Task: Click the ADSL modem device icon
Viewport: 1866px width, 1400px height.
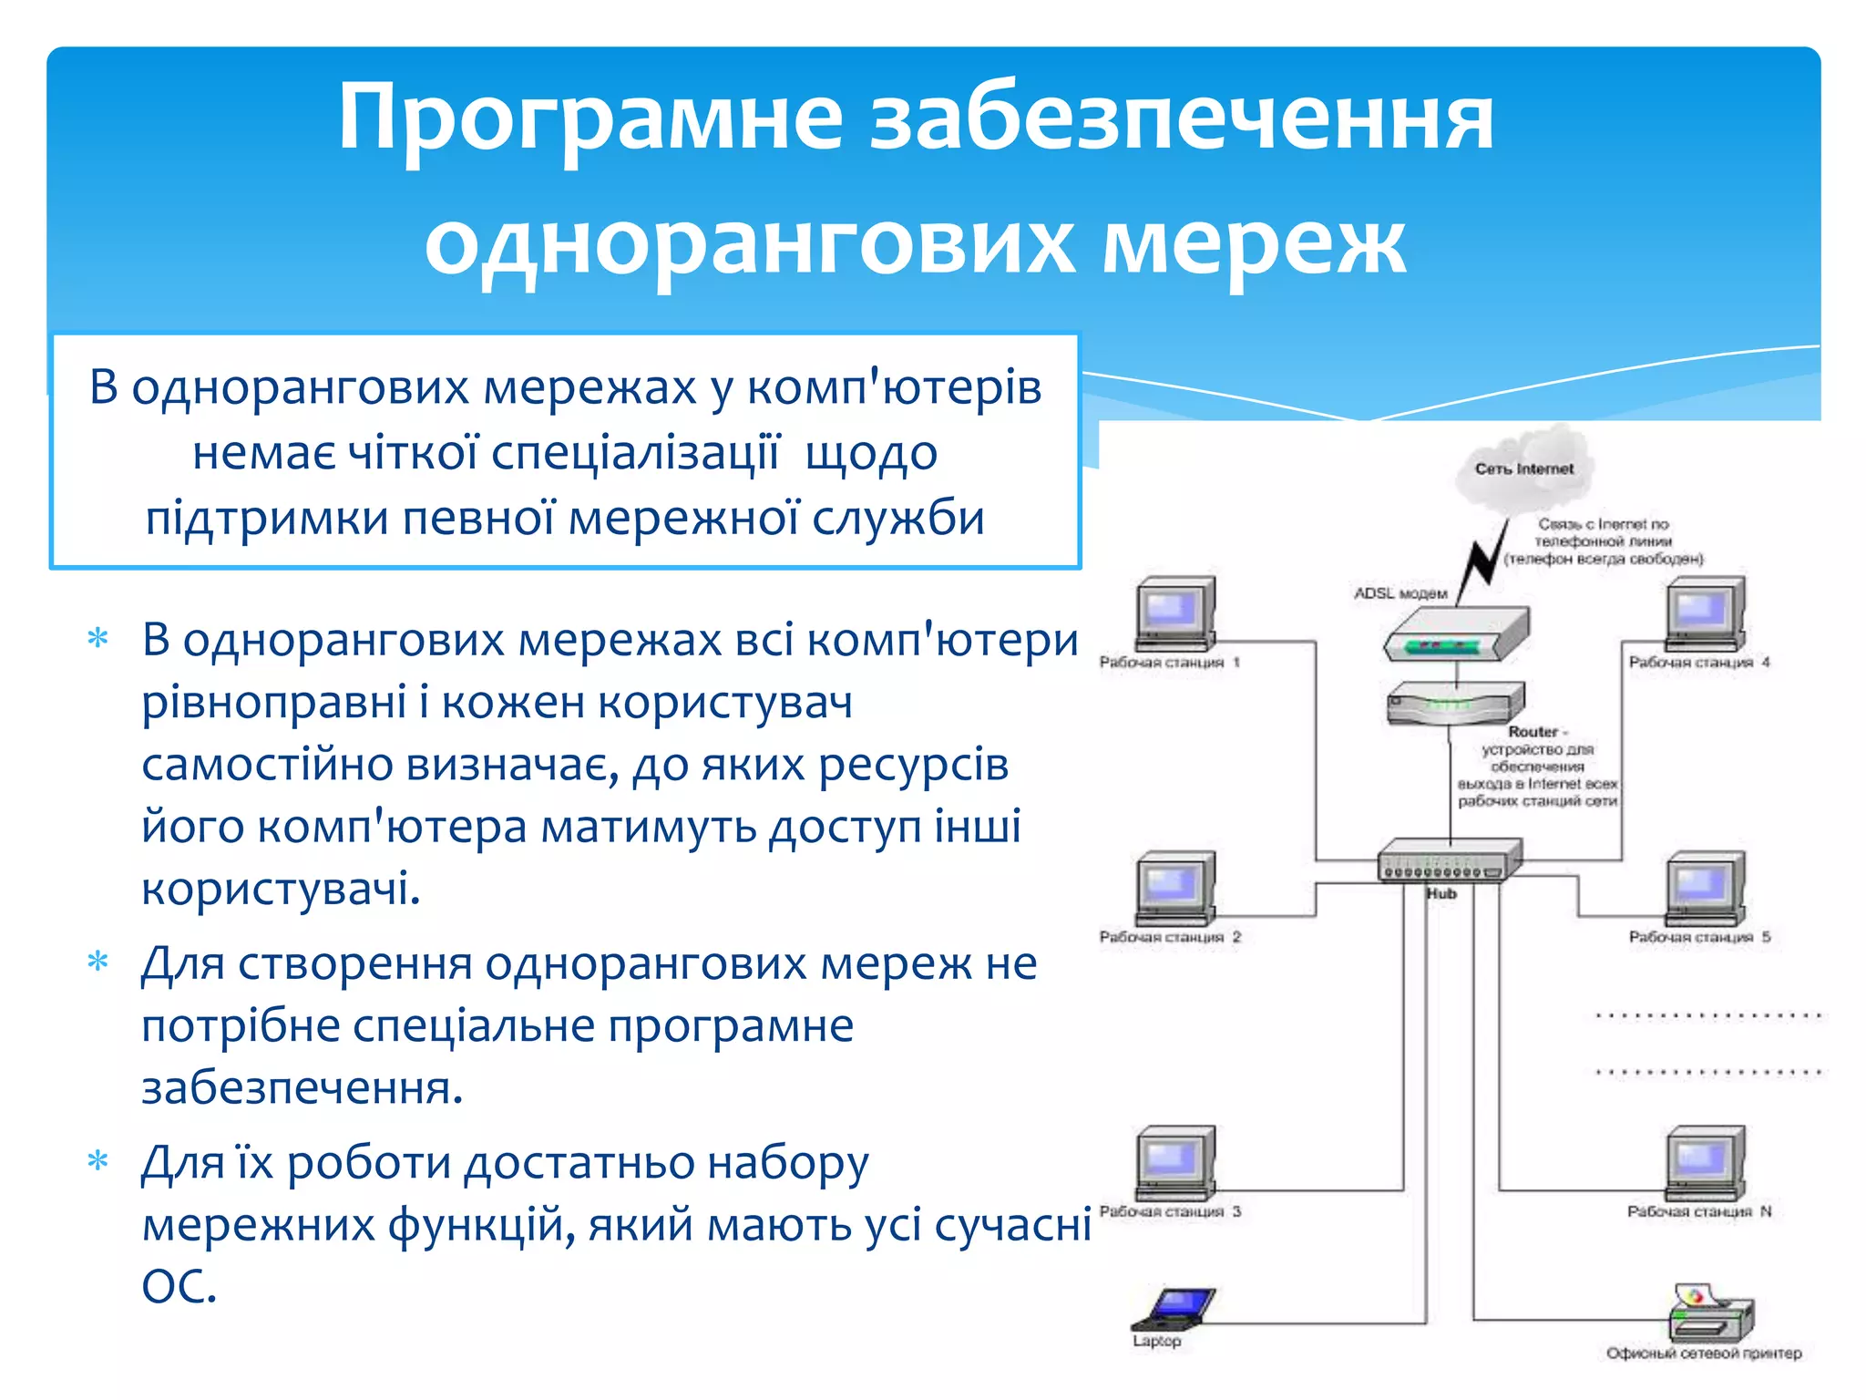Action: point(1455,635)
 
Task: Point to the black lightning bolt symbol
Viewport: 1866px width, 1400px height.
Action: point(1483,556)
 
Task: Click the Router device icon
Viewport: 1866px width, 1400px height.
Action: point(1455,703)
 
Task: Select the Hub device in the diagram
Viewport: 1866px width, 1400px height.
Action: point(1449,860)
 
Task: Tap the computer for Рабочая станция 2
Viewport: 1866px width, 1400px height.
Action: point(1175,889)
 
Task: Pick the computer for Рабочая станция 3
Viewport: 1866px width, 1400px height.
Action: point(1175,1164)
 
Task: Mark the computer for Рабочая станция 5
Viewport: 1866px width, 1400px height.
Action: point(1705,889)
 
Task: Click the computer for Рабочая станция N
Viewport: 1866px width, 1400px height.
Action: point(1705,1164)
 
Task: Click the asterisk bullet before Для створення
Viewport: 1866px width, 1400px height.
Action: point(97,962)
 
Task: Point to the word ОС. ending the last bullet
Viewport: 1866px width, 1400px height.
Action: point(179,1285)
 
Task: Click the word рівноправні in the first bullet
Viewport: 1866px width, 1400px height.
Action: point(273,702)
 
